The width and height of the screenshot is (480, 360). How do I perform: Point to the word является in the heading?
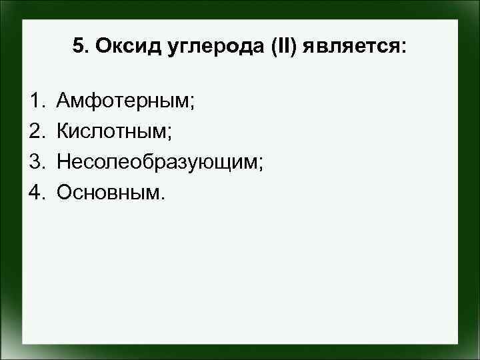tap(349, 46)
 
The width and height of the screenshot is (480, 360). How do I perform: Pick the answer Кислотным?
tap(115, 132)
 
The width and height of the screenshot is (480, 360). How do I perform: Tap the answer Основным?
tap(109, 192)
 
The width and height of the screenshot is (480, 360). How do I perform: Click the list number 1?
tap(35, 101)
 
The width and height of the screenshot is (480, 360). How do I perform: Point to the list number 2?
tap(35, 131)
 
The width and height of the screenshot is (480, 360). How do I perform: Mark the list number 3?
tap(35, 161)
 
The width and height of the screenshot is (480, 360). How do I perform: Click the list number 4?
tap(35, 192)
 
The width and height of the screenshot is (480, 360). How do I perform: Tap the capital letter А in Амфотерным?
tap(64, 101)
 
